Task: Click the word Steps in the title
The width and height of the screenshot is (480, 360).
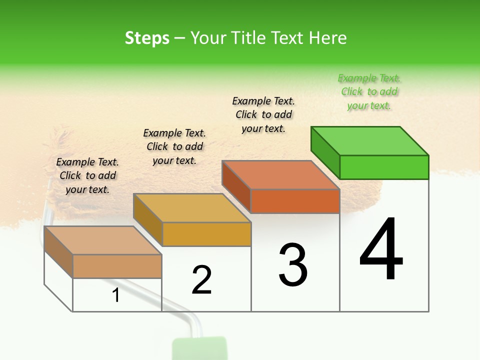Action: pyautogui.click(x=147, y=38)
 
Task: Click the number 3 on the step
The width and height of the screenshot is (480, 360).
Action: pyautogui.click(x=293, y=265)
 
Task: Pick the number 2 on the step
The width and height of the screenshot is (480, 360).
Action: pyautogui.click(x=202, y=280)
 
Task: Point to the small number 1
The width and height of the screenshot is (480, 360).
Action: pyautogui.click(x=116, y=295)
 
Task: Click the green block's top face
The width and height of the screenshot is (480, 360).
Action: pyautogui.click(x=369, y=141)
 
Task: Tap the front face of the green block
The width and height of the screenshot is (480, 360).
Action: pyautogui.click(x=384, y=167)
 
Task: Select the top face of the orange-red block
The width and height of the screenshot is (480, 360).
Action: pyautogui.click(x=280, y=175)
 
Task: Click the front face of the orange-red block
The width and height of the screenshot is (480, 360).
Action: pyautogui.click(x=295, y=201)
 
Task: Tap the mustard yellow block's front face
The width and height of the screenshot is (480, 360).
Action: pyautogui.click(x=206, y=234)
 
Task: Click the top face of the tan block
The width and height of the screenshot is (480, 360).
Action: pyautogui.click(x=102, y=240)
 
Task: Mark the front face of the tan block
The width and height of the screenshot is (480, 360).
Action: pyautogui.click(x=117, y=266)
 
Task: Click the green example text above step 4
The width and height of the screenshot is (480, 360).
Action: pyautogui.click(x=369, y=91)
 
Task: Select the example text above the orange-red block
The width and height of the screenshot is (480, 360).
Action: pyautogui.click(x=263, y=114)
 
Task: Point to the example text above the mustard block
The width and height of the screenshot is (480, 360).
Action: pyautogui.click(x=174, y=146)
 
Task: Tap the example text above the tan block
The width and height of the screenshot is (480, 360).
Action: pyautogui.click(x=87, y=175)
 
